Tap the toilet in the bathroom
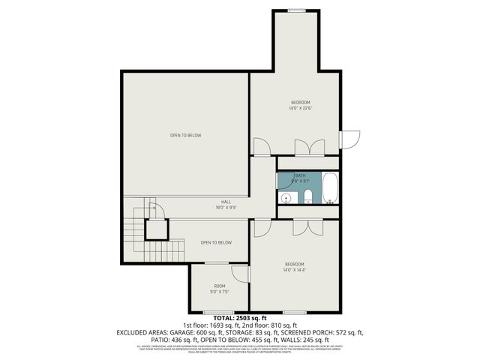tap(307, 197)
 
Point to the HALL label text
tap(226, 202)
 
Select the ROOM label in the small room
tap(220, 286)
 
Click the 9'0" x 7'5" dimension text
tap(220, 292)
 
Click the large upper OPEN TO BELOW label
tap(185, 136)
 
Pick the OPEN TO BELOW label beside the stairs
tap(215, 242)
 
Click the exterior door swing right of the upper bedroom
tap(349, 139)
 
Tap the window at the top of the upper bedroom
tap(297, 10)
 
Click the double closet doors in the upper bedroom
tap(307, 147)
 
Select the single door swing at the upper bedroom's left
tap(262, 146)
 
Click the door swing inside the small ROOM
tap(240, 274)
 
